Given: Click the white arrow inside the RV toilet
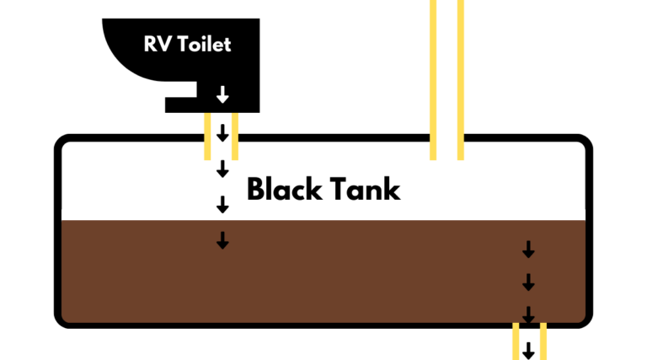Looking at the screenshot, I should click(x=222, y=94).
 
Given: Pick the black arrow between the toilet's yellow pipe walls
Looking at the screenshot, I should click(x=222, y=133).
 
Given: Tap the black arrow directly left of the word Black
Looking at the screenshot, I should click(x=222, y=169).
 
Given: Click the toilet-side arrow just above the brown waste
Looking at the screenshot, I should click(x=222, y=204).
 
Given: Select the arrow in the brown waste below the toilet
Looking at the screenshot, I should click(x=222, y=240).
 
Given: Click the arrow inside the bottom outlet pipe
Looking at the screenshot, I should click(x=528, y=349).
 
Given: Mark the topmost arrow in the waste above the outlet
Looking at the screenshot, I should click(x=528, y=250).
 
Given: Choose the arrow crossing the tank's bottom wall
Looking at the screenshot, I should click(x=528, y=315).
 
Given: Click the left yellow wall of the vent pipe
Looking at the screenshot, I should click(x=433, y=76).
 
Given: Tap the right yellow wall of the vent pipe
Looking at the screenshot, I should click(x=461, y=76).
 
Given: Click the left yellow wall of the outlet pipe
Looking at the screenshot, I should click(x=516, y=341).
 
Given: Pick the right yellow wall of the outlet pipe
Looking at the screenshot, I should click(x=543, y=341).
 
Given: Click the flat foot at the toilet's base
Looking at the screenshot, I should click(x=182, y=105).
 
